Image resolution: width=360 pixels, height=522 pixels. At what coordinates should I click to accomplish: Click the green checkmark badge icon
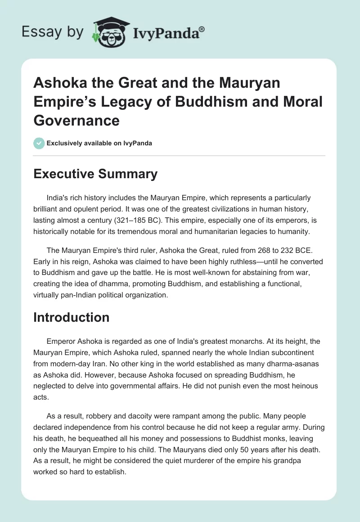(39, 143)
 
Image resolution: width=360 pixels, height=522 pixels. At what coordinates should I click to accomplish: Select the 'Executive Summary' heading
(95, 174)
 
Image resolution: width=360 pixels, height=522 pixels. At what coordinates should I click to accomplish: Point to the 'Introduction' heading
(72, 317)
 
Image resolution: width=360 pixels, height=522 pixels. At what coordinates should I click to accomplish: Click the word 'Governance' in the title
(76, 121)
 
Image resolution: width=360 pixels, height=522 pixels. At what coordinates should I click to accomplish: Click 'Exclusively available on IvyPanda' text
(99, 143)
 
